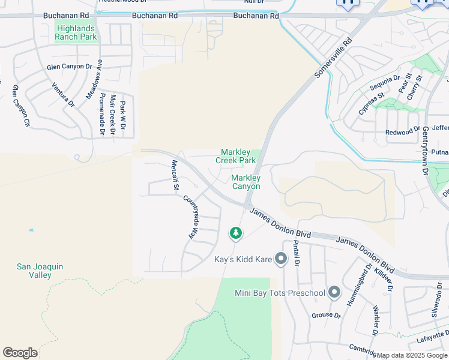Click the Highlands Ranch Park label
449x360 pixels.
coord(76,32)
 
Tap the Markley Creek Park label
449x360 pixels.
coord(238,157)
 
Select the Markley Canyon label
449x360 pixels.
coord(246,182)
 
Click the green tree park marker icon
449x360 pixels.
coord(236,233)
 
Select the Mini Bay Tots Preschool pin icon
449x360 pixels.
coord(334,293)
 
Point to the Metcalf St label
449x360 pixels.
coord(175,175)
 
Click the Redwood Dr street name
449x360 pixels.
coord(403,131)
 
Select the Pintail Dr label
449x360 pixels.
coord(295,254)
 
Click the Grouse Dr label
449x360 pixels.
coord(326,316)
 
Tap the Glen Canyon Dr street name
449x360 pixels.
coord(69,67)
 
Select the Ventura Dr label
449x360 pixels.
coord(62,95)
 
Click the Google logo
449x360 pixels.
coord(20,352)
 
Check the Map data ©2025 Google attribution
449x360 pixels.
coord(412,355)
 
